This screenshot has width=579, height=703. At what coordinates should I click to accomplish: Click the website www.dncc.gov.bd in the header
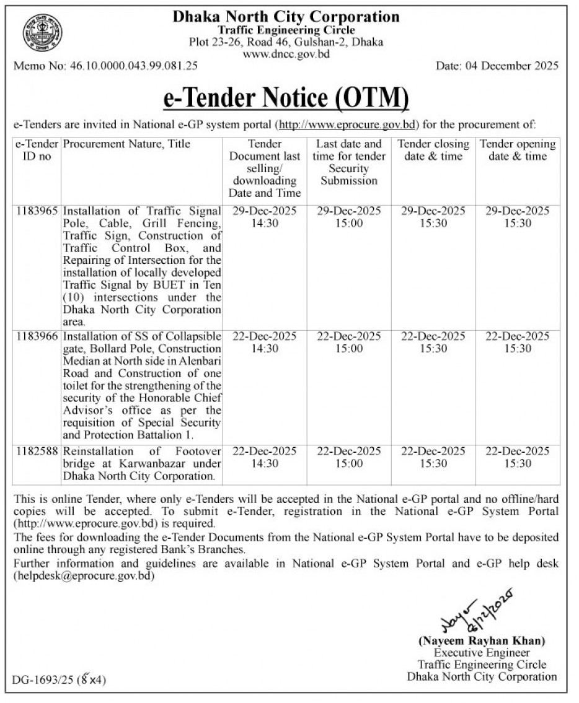coord(286,54)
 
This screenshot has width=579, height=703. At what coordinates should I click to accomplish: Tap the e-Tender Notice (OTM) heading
coord(286,98)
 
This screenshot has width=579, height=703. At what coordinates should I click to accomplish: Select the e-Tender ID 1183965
coord(37,211)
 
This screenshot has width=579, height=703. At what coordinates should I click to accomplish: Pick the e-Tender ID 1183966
coord(37,336)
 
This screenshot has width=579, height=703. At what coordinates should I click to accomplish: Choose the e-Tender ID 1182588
coord(37,451)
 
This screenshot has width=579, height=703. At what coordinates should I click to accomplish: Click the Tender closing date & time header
coord(433,151)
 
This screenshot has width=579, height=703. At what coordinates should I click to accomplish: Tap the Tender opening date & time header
coord(518,151)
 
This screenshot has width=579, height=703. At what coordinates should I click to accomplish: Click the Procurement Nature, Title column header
coord(126,144)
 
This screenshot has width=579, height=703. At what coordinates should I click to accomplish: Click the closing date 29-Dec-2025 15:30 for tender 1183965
coord(433,217)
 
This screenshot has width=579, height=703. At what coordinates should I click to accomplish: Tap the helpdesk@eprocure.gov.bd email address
coord(84,576)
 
